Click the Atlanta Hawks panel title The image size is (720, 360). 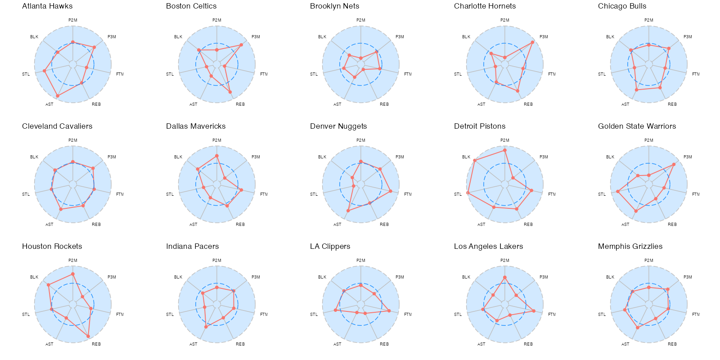[47, 6]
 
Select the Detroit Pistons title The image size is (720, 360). [480, 126]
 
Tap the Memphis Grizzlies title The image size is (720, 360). [630, 247]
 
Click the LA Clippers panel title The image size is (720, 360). [330, 247]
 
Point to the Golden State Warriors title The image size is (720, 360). [637, 126]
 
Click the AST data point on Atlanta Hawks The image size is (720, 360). [58, 96]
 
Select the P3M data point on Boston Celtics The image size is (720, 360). [241, 45]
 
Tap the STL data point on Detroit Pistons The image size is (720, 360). [468, 193]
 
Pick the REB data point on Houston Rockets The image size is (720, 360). [88, 336]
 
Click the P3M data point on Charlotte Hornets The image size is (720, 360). [533, 42]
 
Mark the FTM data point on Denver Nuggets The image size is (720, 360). [391, 191]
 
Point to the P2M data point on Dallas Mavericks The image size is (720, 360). [217, 156]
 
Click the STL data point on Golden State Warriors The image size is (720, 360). [618, 192]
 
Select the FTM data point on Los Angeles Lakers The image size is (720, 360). [534, 311]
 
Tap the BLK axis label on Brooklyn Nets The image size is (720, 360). [322, 37]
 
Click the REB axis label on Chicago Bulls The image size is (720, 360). [672, 104]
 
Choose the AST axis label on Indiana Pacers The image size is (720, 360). [193, 344]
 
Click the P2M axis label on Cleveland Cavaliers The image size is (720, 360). [73, 140]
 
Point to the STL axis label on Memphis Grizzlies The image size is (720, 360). [602, 315]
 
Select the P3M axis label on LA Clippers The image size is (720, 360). [400, 277]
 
